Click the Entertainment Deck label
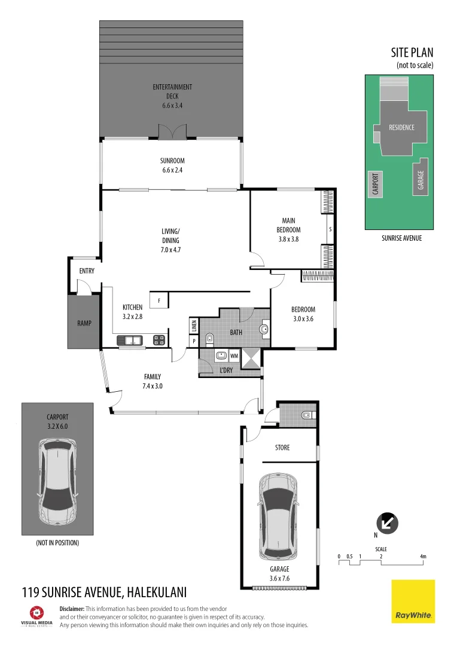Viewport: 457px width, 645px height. [172, 91]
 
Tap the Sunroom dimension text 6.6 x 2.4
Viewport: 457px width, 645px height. [172, 170]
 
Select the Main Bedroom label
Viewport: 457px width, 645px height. [288, 225]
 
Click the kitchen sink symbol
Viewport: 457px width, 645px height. [130, 340]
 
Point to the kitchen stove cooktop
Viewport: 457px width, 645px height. [159, 340]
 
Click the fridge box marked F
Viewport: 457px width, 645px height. [159, 300]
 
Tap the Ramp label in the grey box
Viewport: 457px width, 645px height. [84, 323]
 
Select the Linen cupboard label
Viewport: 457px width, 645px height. [194, 326]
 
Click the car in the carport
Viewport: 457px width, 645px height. [58, 480]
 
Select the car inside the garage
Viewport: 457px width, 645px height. [278, 512]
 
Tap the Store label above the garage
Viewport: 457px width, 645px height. [282, 447]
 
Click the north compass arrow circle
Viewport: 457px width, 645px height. [387, 524]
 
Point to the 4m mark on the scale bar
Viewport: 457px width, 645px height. [423, 557]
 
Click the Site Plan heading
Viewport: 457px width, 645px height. [412, 53]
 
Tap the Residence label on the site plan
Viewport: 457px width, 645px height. [401, 127]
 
